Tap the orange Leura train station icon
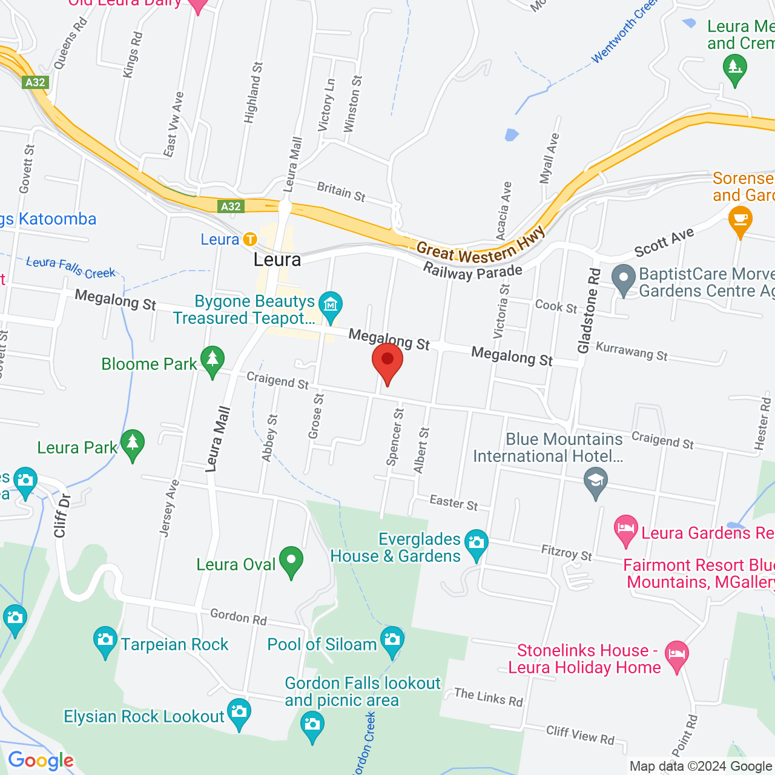[x=250, y=239]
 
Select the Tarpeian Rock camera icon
[x=105, y=641]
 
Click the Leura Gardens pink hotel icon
[x=626, y=530]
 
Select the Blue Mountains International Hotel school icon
[x=596, y=483]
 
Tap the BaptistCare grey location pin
[x=624, y=280]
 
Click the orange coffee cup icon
[x=740, y=219]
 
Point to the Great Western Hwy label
[x=481, y=245]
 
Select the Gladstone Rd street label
[x=589, y=311]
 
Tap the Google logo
[x=41, y=760]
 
